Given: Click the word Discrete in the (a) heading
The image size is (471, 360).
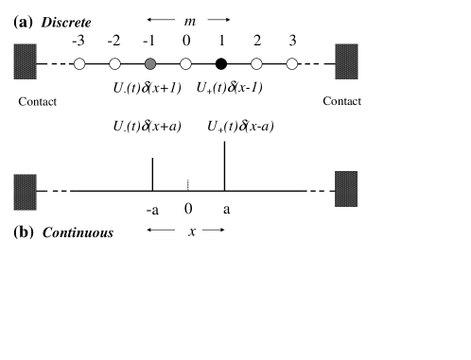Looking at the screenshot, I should [66, 22].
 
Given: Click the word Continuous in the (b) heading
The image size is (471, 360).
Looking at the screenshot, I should [77, 232].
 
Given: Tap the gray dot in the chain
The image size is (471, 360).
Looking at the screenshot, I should [150, 64].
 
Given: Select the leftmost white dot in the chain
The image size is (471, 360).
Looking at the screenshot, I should [79, 64].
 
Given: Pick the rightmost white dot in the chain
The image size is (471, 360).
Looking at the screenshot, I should [292, 64].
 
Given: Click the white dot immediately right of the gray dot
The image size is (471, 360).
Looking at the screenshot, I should [185, 64].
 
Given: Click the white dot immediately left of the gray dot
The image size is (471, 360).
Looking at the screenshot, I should [114, 64].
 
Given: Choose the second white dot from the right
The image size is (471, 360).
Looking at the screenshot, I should [256, 64].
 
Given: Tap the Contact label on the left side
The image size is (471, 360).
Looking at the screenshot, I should [38, 101].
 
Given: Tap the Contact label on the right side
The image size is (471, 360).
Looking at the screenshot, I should [342, 101].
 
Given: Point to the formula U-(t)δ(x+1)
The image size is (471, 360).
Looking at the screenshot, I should [147, 87].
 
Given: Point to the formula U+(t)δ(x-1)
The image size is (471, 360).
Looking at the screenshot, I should [231, 88].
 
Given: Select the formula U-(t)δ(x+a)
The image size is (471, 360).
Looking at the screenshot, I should [148, 127].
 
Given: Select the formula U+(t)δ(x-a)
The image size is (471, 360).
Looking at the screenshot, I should [242, 127].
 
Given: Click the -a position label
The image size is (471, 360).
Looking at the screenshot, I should [153, 209].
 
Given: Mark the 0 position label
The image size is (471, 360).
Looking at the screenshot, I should [189, 208].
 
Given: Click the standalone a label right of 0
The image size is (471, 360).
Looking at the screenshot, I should [227, 209].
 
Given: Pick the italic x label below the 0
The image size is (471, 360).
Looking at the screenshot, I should [191, 231].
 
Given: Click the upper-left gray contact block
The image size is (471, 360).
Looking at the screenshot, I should [26, 61].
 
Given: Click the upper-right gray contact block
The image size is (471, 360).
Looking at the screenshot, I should [347, 61].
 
